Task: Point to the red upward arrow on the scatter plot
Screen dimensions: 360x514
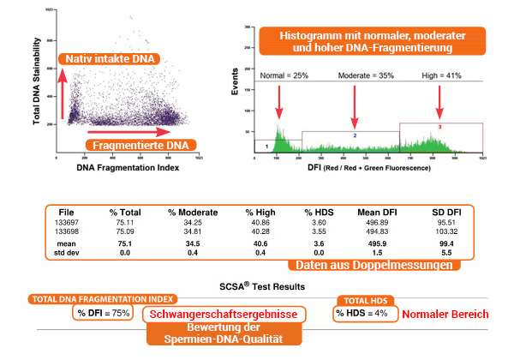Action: pos(63,94)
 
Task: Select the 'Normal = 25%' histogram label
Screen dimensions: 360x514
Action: pos(285,76)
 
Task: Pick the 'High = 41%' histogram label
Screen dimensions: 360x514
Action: pos(442,76)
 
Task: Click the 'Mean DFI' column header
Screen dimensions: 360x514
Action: pos(377,211)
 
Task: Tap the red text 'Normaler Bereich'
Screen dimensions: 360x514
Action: pos(445,314)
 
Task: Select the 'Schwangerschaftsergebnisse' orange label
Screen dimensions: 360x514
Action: pos(224,315)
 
